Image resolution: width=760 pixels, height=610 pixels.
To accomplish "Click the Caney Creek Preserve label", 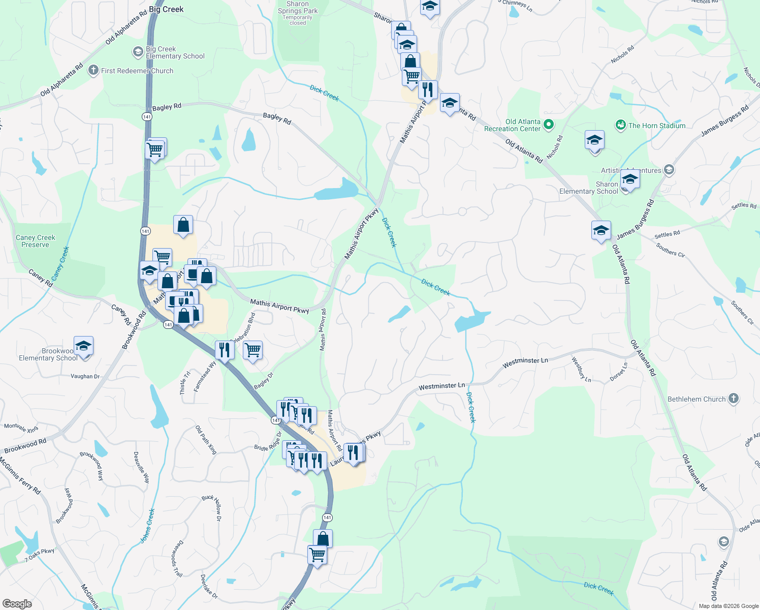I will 35,241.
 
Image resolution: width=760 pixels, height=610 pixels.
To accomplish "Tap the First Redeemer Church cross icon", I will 93,70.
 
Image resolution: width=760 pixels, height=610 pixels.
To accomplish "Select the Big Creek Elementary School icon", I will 138,52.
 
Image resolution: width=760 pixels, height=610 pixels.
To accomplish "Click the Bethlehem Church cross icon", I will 733,399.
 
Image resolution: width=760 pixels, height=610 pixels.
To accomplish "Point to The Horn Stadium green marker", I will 620,125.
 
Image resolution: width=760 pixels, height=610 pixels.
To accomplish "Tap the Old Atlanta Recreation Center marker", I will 548,124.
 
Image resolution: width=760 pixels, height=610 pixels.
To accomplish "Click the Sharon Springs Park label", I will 298,7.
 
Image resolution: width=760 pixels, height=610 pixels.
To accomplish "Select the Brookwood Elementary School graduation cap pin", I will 83,347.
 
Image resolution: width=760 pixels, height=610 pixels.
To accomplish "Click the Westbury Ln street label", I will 581,370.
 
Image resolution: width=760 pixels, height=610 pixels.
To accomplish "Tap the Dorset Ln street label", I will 619,372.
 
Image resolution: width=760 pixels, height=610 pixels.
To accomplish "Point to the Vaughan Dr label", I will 85,376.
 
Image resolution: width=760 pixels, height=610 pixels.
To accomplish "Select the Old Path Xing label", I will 206,440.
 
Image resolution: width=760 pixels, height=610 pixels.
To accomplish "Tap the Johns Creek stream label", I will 147,526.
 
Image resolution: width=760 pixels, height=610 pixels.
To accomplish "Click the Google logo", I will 17,604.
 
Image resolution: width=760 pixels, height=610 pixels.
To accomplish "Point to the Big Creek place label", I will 166,9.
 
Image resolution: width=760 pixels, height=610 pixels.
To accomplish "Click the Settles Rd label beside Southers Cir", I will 667,234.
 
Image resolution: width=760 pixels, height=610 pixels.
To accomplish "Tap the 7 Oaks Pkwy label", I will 40,555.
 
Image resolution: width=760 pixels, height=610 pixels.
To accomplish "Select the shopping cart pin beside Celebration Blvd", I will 252,350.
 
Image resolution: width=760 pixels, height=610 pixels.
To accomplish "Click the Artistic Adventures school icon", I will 669,170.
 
